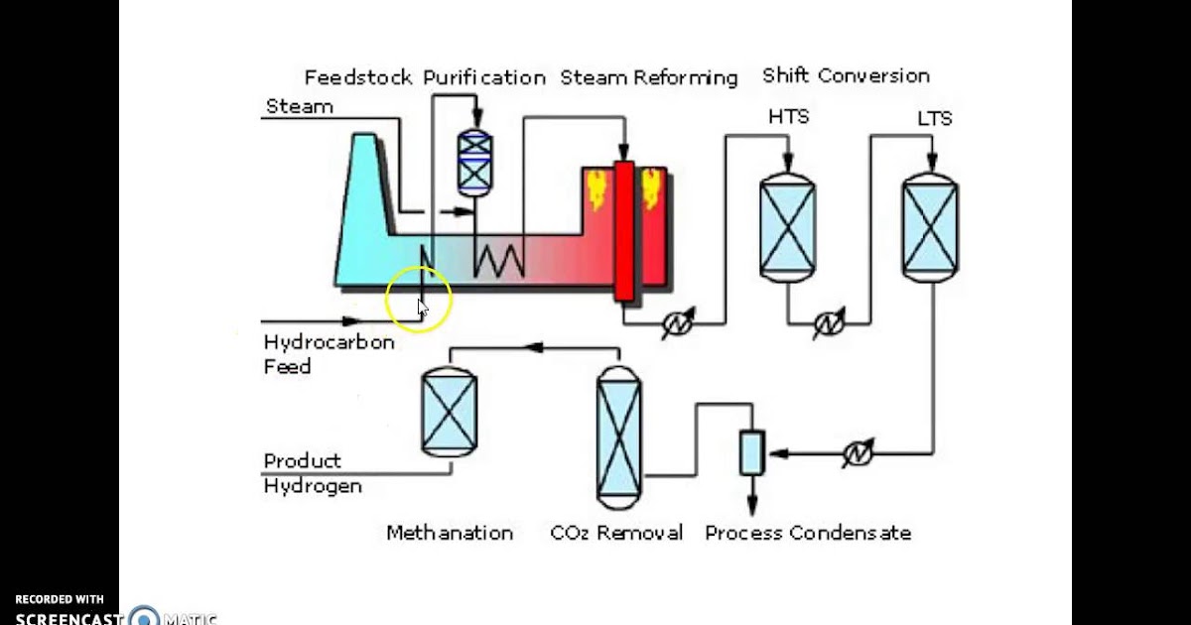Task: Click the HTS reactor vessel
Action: (787, 226)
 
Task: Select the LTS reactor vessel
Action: (930, 225)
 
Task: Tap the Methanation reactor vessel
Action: (450, 412)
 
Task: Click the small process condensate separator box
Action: (751, 452)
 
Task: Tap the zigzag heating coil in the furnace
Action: (498, 260)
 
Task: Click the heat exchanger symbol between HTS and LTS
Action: (828, 323)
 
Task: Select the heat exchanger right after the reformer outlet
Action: (680, 323)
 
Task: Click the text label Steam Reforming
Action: (649, 77)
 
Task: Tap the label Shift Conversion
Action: (846, 75)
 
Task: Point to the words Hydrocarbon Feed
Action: (315, 354)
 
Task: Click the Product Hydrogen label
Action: (312, 473)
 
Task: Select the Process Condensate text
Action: (807, 533)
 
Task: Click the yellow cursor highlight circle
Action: (419, 299)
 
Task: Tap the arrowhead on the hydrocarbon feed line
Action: (349, 320)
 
